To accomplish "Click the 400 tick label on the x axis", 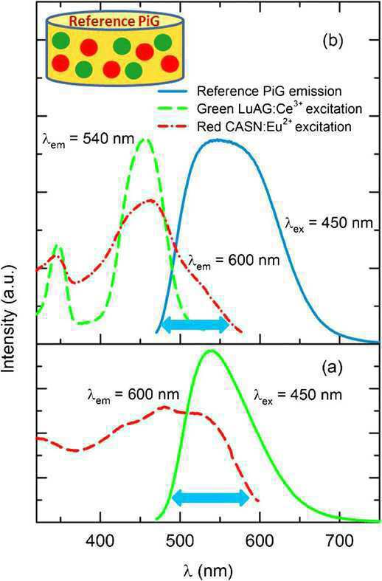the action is click(x=101, y=541).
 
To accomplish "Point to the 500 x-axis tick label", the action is click(x=180, y=541).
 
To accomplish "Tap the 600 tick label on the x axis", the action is click(x=260, y=541).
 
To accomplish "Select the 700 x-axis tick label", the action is click(x=340, y=541).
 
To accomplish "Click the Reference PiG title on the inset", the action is click(x=114, y=21).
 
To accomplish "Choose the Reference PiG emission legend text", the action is click(x=269, y=91).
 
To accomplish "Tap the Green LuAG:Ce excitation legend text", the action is click(x=279, y=109).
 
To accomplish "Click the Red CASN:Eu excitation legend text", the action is click(x=274, y=126).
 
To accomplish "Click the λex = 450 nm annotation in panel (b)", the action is click(x=329, y=224).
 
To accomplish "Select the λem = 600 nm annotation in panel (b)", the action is click(x=234, y=261).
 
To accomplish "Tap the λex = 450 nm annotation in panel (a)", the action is click(x=298, y=396).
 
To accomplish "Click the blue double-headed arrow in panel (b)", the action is click(x=196, y=325).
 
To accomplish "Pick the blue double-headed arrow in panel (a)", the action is click(x=212, y=498).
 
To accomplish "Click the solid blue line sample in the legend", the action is click(x=173, y=91).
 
